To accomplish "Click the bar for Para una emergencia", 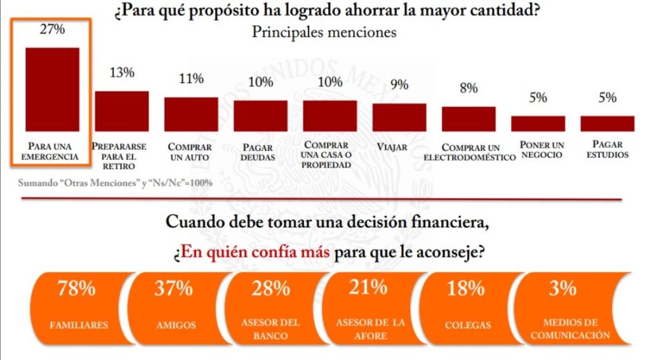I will pyautogui.click(x=52, y=89).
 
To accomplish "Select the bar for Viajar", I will pyautogui.click(x=399, y=117).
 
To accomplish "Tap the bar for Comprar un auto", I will pyautogui.click(x=191, y=114).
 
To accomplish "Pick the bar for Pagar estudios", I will pyautogui.click(x=607, y=123).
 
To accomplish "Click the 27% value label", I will pyautogui.click(x=52, y=29).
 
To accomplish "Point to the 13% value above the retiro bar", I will pyautogui.click(x=122, y=72).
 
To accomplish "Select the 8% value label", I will pyautogui.click(x=468, y=88).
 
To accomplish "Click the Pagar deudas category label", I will pyautogui.click(x=261, y=152).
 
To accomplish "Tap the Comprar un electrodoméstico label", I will pyautogui.click(x=468, y=152).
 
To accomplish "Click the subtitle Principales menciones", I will pyautogui.click(x=324, y=32).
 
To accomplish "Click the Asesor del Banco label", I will pyautogui.click(x=270, y=329).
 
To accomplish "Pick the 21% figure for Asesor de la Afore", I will pyautogui.click(x=369, y=287).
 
